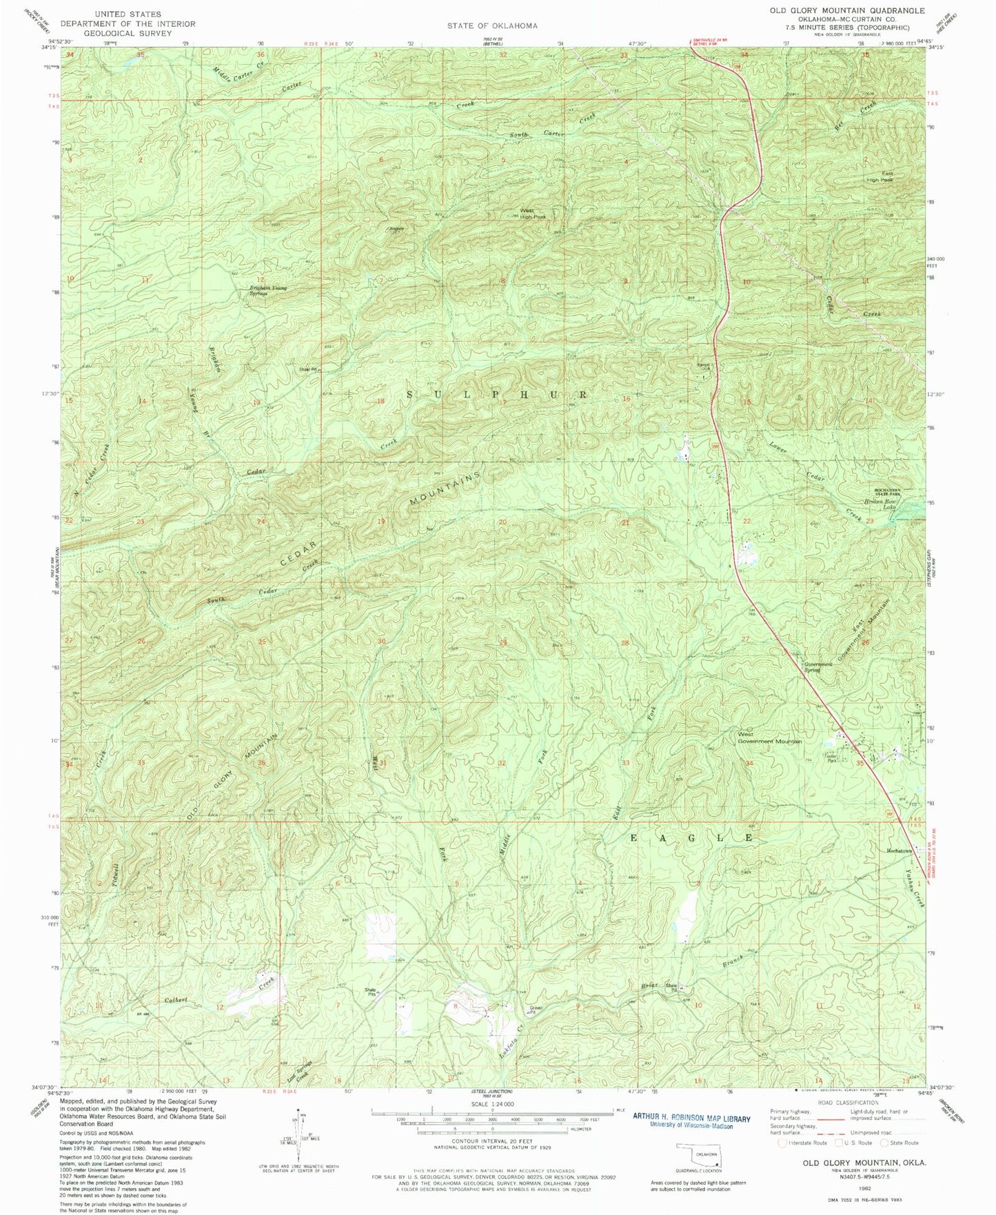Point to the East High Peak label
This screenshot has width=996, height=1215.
886,176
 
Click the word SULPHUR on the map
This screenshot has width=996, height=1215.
497,395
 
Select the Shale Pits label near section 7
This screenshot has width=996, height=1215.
373,992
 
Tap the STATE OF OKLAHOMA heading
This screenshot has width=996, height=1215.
491,25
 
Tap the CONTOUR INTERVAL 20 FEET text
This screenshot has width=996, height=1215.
491,1141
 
